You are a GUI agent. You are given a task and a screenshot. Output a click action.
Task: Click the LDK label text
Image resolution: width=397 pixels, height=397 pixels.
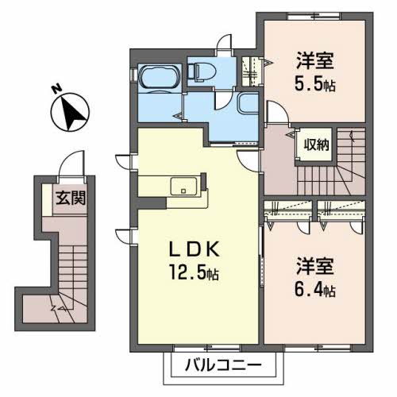pos(195,249)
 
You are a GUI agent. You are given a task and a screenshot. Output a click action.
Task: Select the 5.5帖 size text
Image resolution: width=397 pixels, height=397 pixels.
pos(315,84)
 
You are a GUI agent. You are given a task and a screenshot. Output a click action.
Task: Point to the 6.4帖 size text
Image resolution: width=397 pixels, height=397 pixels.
pos(315,290)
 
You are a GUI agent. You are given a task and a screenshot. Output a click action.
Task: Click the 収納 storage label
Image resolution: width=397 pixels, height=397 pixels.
pos(317,145)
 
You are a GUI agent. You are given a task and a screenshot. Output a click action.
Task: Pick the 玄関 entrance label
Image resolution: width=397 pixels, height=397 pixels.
pos(71,198)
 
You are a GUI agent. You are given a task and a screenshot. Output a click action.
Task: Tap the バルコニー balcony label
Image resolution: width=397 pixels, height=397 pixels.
pos(223,365)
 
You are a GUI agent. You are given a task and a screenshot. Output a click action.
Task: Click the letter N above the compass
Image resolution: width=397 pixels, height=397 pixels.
pos(56,89)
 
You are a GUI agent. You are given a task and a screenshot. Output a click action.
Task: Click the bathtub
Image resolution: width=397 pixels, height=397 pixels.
pos(160,77)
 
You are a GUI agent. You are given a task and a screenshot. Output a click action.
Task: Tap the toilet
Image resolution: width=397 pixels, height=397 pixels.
pos(202,71)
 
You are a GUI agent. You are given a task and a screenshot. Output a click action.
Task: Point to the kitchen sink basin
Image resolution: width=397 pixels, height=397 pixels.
pos(183,187)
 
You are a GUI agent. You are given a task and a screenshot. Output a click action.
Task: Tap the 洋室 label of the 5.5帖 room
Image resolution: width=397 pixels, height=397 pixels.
pos(315,61)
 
